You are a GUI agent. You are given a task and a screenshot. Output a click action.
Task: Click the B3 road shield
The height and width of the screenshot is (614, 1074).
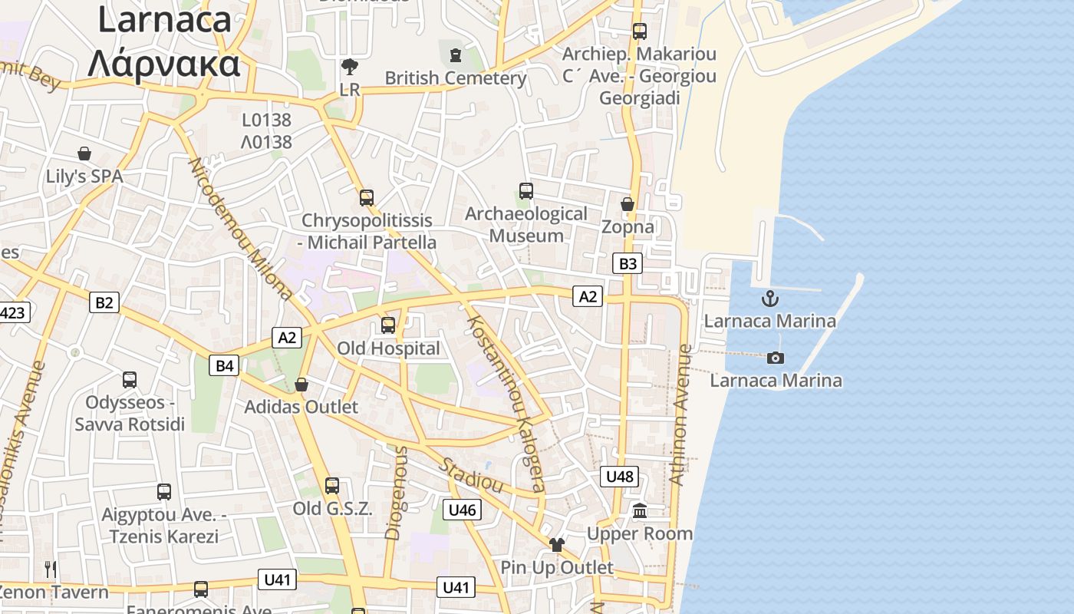(x=628, y=264)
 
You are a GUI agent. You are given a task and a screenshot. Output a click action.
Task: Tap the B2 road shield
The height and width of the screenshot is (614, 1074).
(x=104, y=302)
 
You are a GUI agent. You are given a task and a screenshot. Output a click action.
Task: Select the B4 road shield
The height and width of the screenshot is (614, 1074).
(x=224, y=365)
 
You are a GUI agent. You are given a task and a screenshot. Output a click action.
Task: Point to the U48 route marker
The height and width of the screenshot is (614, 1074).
(x=619, y=477)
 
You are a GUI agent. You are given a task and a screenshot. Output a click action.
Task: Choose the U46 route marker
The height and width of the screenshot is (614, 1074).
(x=462, y=509)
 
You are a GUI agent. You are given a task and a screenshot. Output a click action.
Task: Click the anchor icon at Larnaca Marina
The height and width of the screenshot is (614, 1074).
(x=769, y=299)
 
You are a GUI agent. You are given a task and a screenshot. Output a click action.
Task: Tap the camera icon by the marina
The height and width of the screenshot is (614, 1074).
(x=776, y=358)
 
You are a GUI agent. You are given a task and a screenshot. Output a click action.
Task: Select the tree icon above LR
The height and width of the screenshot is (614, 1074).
(x=350, y=67)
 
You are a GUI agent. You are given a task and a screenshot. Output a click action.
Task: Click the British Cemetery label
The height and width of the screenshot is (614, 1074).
(x=456, y=78)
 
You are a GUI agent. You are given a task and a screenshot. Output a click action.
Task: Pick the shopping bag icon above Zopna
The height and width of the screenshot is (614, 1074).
(x=628, y=204)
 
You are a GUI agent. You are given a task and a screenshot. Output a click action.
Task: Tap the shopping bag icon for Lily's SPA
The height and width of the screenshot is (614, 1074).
(x=84, y=153)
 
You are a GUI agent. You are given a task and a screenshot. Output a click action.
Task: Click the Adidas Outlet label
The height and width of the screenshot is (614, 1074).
(x=301, y=407)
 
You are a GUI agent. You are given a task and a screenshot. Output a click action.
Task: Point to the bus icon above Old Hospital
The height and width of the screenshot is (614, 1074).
(x=388, y=325)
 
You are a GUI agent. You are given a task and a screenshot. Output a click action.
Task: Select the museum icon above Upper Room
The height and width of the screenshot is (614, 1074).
(x=640, y=510)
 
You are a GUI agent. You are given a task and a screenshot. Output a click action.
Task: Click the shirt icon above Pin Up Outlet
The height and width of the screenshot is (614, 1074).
(x=556, y=545)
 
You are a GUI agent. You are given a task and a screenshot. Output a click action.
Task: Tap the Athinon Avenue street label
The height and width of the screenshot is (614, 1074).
(x=680, y=414)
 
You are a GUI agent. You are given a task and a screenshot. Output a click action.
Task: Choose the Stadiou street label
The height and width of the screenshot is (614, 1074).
(x=471, y=475)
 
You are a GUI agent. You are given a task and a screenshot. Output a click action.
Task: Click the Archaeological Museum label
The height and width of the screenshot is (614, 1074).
(x=526, y=224)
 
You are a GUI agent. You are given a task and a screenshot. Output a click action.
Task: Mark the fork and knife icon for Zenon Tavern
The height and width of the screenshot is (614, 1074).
(x=51, y=569)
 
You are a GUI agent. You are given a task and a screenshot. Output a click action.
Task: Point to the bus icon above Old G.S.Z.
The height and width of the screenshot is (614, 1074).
(x=332, y=486)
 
